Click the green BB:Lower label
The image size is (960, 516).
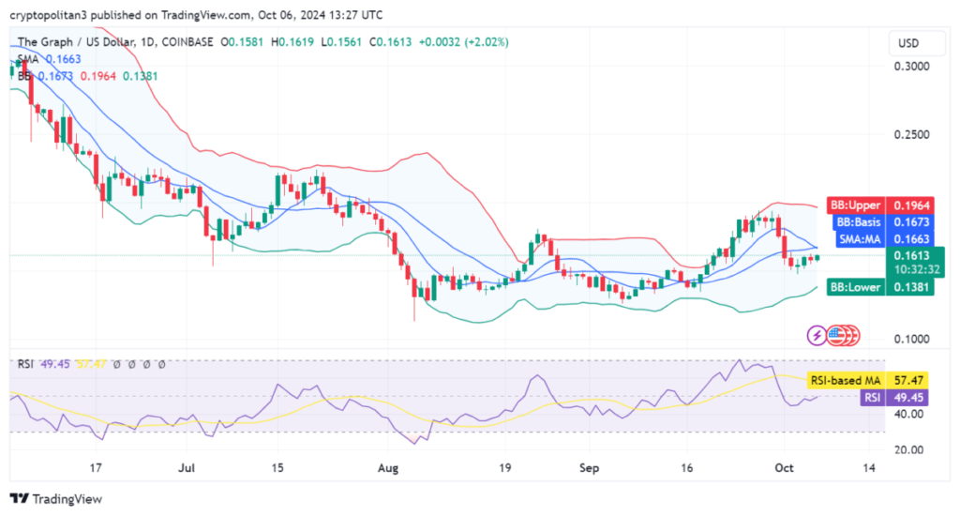pos(853,287)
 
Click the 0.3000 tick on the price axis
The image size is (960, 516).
pos(911,67)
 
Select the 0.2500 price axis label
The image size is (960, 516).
pos(911,135)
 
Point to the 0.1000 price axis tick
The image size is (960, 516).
pos(911,339)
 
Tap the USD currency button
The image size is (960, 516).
pos(907,43)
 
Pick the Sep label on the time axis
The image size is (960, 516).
pos(590,466)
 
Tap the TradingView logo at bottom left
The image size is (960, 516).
pos(55,499)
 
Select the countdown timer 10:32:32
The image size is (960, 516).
pos(911,268)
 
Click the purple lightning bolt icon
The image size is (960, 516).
pos(817,335)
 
